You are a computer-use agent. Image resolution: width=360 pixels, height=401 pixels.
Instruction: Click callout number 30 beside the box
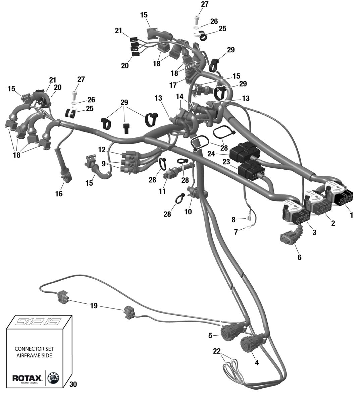point(73,384)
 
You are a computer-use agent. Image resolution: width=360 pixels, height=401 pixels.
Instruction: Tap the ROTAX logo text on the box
point(27,378)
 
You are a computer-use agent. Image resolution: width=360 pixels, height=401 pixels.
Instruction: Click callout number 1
point(351,215)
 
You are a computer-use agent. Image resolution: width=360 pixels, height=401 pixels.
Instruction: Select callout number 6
point(299,257)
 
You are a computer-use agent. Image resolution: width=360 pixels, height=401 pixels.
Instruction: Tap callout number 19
point(94,305)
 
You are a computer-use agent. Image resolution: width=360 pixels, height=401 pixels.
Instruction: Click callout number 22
point(217,351)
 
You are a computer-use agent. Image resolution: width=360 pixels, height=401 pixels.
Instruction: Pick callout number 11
point(162,191)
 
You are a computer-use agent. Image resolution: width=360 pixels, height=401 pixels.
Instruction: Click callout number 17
point(173,85)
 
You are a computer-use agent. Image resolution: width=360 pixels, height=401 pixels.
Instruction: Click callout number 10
point(188,212)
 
